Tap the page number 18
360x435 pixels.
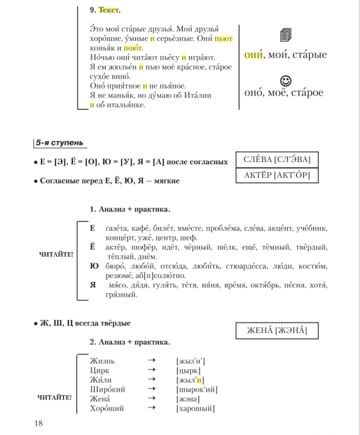pos(39,423)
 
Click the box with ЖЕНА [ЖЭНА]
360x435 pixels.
pos(277,330)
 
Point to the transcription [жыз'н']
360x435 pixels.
pos(191,361)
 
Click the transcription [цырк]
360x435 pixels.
pos(189,370)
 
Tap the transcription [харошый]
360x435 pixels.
pos(195,408)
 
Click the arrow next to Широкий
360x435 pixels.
pos(151,389)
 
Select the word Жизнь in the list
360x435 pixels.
pos(102,361)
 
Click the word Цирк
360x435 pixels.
pos(100,370)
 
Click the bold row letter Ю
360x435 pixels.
pos(94,266)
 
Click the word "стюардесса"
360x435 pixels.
pos(248,266)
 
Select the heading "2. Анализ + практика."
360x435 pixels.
pos(130,342)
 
